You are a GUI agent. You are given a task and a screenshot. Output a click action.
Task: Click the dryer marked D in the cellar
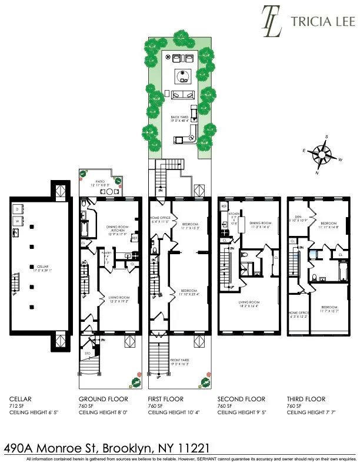pos(18,209)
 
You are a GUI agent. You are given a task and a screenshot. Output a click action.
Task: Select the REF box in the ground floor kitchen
pos(134,238)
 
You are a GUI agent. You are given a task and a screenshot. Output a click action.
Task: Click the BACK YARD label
pos(179,118)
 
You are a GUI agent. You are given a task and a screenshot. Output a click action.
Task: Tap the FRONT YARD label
pos(179,362)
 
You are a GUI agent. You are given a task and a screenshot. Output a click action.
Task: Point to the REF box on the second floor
pos(224,207)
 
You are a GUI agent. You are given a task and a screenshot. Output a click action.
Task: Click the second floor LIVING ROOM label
pos(250,302)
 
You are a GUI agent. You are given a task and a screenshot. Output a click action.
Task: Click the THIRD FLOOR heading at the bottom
pos(305,399)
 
